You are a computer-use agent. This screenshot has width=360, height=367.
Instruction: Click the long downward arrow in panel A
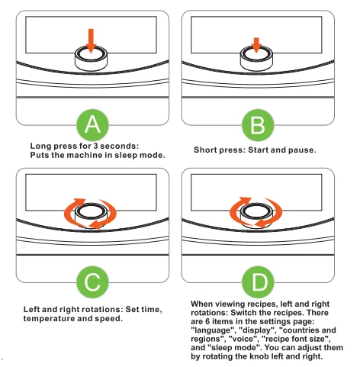[x=91, y=40]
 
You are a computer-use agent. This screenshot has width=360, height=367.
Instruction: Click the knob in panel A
[x=91, y=57]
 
